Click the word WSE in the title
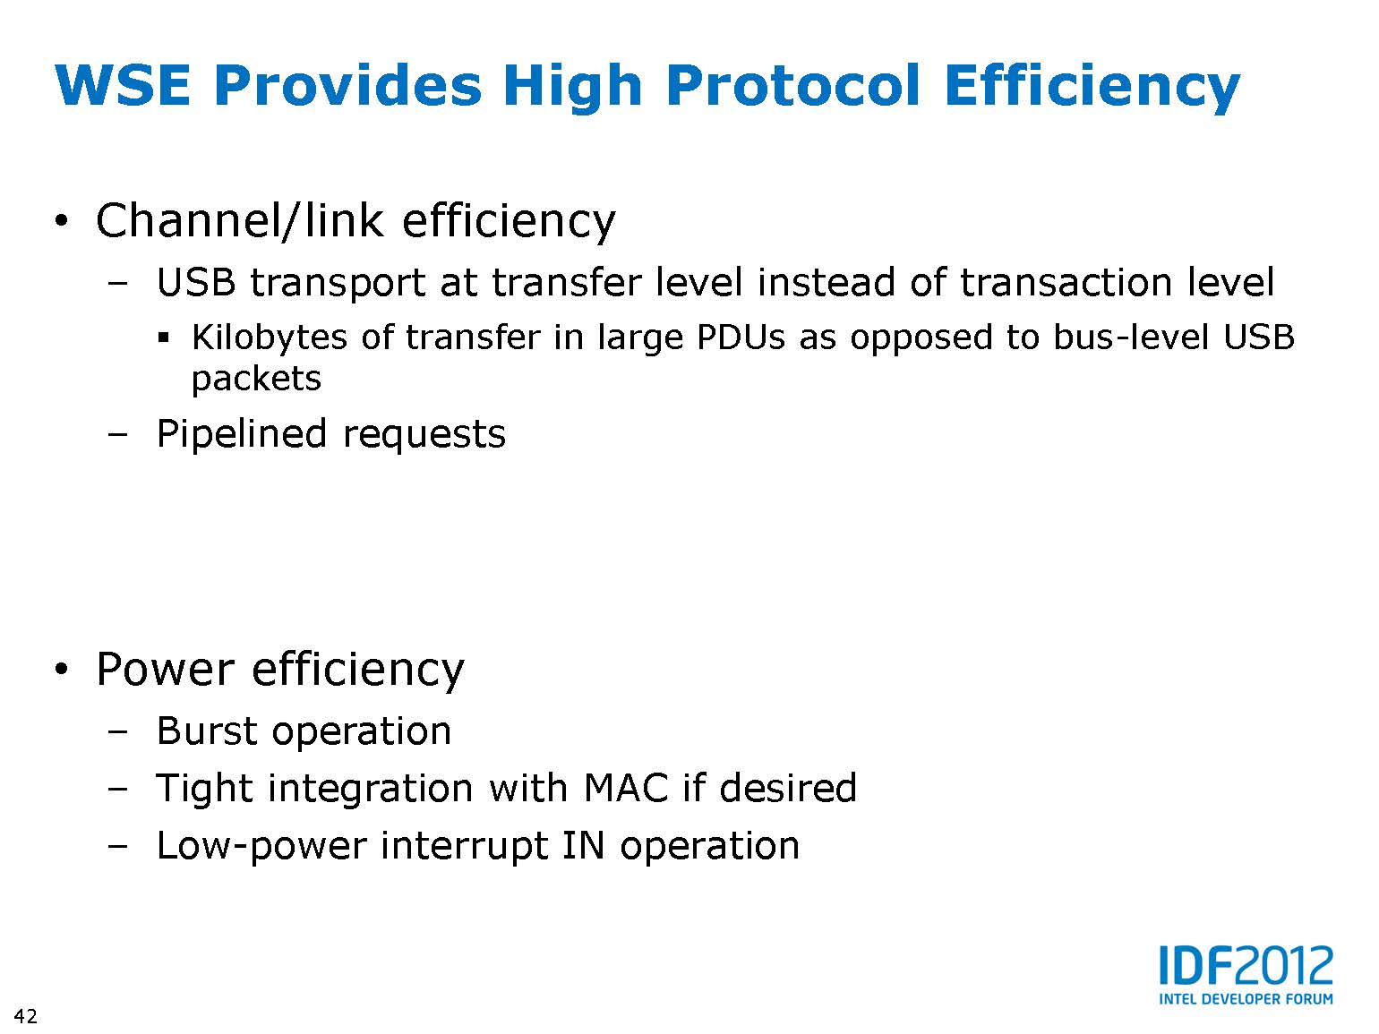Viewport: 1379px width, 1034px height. click(123, 85)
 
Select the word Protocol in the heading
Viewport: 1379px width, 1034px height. click(793, 85)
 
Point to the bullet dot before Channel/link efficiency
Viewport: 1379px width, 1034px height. click(60, 221)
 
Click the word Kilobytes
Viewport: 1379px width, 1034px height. click(269, 338)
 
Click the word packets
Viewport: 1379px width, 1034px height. click(256, 379)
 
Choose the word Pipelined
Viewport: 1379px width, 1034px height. click(242, 434)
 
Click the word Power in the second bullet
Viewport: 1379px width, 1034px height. click(166, 670)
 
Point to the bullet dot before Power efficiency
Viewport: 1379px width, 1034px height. click(60, 670)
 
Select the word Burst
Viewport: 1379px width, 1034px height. click(208, 731)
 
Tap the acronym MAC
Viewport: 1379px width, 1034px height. click(625, 788)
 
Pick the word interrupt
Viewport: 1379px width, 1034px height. click(464, 846)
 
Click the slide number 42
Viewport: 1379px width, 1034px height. click(26, 1016)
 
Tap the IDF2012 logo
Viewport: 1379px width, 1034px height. click(1246, 966)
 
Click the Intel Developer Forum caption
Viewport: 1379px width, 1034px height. click(1246, 998)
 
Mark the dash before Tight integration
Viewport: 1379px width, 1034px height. click(117, 788)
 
